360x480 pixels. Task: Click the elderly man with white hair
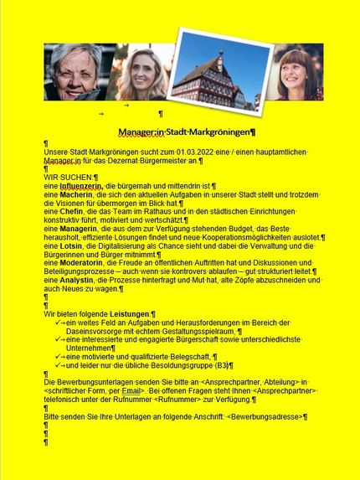(x=74, y=73)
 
